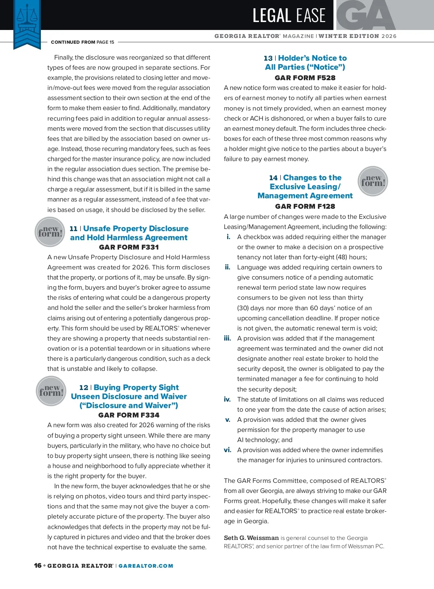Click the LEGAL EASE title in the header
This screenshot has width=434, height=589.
click(289, 16)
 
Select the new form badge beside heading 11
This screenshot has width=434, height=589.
click(50, 232)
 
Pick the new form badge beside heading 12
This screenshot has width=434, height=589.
click(51, 391)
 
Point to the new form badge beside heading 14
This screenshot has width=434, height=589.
click(373, 181)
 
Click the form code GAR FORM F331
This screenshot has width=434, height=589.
click(129, 247)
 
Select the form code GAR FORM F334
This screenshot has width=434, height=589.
click(129, 415)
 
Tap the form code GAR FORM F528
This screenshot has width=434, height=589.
click(305, 78)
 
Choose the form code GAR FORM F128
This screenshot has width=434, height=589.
click(305, 207)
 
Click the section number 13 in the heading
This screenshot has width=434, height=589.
click(268, 58)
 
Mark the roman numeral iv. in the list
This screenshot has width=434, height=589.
click(227, 399)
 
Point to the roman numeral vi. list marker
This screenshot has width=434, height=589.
click(227, 450)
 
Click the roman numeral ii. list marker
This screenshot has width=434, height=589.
click(227, 267)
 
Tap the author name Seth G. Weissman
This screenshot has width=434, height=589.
click(251, 538)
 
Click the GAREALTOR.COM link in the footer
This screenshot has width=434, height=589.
click(146, 566)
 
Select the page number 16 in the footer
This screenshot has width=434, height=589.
click(38, 566)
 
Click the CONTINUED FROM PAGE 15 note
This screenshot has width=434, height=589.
click(82, 42)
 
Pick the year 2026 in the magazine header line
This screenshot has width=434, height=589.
click(389, 36)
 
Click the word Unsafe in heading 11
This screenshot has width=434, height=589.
click(97, 229)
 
